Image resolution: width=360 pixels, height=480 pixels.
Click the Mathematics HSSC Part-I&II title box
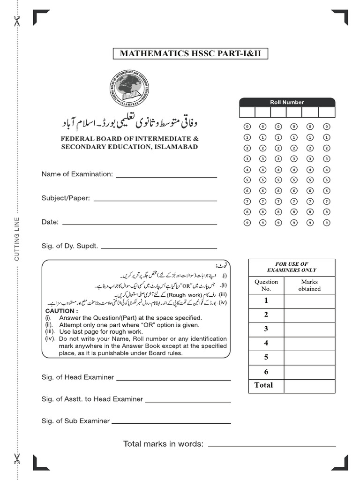190,53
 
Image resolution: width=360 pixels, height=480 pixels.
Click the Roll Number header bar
287,102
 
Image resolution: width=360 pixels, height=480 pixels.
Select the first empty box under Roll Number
247,112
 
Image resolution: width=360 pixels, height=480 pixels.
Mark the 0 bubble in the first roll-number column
247,127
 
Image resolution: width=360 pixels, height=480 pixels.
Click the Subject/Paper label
66,198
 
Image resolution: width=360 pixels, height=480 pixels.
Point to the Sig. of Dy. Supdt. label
70,246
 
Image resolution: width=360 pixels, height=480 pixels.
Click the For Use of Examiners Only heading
292,267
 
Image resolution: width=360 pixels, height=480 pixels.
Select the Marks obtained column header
309,285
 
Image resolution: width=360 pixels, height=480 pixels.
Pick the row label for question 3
266,329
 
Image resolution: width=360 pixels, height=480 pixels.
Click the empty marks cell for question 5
309,358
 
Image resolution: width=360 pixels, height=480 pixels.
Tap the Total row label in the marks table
263,385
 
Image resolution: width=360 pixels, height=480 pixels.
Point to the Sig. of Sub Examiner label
75,421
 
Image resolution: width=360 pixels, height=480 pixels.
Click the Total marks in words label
163,444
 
